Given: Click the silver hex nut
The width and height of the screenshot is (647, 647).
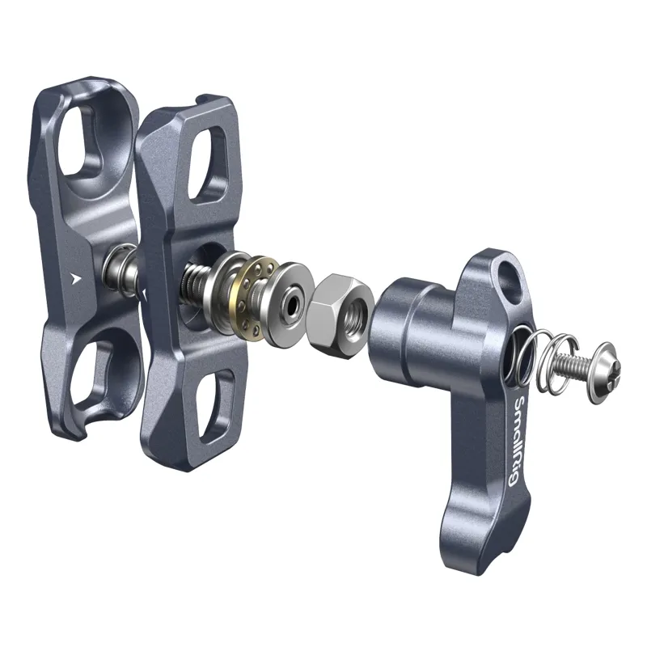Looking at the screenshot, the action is pyautogui.click(x=340, y=315).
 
